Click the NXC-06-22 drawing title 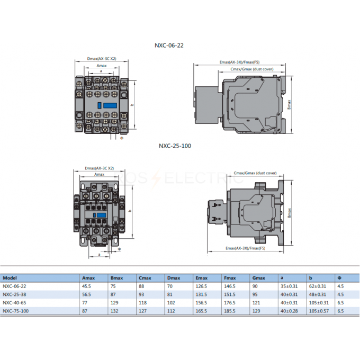tap(169, 46)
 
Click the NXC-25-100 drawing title tap(175, 146)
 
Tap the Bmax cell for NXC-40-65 tap(114, 303)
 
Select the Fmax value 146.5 tap(230, 286)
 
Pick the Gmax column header tap(258, 278)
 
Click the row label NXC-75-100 tap(15, 311)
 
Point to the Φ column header tap(339, 278)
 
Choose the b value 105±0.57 tap(319, 311)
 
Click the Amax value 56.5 tap(86, 294)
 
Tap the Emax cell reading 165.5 tap(201, 311)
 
